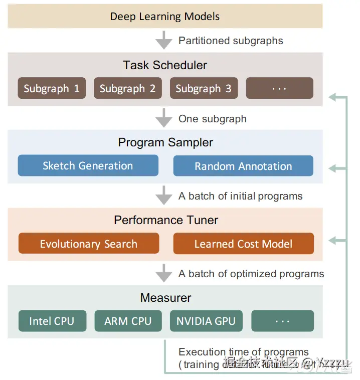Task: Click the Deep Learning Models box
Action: coord(165,16)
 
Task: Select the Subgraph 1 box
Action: coord(52,89)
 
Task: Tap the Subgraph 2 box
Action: coord(127,89)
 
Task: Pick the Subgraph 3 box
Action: coord(204,89)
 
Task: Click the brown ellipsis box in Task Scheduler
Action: coord(279,88)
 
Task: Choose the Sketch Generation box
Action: coord(88,166)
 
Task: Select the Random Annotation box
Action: coord(243,166)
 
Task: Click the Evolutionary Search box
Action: coord(89,244)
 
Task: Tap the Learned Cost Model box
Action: coord(243,244)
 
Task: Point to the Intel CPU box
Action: coord(52,321)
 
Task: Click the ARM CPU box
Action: coord(128,321)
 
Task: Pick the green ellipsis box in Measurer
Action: coord(282,321)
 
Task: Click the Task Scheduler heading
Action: coord(165,65)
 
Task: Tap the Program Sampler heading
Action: coord(165,142)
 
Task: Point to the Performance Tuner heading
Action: coord(166,220)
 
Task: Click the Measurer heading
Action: coord(166,298)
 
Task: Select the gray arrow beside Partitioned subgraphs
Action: coord(163,40)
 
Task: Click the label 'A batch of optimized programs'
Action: coord(251,274)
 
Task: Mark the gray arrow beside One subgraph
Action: coord(163,118)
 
